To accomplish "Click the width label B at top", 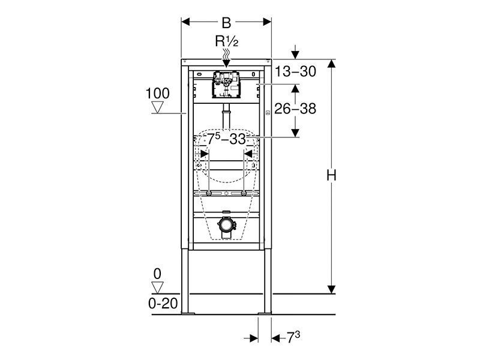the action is tap(226, 23).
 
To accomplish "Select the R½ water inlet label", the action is tap(227, 41).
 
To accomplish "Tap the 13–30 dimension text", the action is tap(295, 71).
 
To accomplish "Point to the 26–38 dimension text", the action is tap(295, 109).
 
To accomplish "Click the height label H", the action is tap(331, 176).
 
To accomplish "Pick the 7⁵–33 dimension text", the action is tap(226, 139).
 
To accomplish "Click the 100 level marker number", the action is tap(157, 94).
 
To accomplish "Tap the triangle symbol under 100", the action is tap(158, 107).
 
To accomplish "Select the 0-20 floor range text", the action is tap(163, 304).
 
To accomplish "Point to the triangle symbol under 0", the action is tap(158, 288).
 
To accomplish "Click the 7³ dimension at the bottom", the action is tap(293, 338).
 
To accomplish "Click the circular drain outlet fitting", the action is tap(227, 225).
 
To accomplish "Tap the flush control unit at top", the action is tap(226, 85).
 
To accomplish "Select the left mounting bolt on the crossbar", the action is tap(209, 193).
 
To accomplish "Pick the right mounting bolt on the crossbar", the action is tap(244, 193).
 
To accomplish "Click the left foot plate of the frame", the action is tap(188, 313).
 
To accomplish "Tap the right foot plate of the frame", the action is tap(265, 313).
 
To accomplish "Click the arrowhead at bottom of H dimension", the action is tap(331, 289).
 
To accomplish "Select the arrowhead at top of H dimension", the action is tap(331, 64).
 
